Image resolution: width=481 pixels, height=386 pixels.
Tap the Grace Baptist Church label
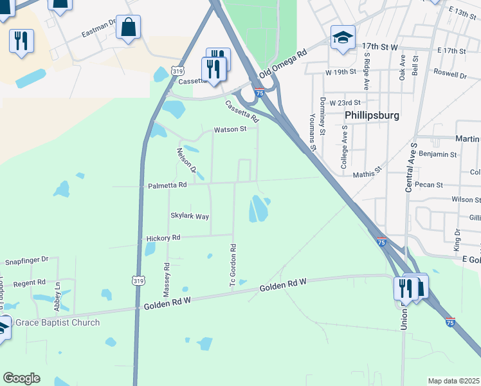(x=57, y=322)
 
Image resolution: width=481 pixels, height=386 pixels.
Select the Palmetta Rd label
(x=167, y=185)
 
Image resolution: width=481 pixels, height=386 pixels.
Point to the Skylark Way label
(x=190, y=216)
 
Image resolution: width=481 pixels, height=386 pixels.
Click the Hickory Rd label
(x=163, y=237)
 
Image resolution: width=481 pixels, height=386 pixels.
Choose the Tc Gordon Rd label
(x=233, y=264)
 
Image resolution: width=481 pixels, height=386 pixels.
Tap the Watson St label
(x=230, y=129)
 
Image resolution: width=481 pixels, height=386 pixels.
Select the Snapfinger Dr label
(x=27, y=260)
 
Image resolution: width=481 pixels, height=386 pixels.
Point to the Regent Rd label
(x=30, y=282)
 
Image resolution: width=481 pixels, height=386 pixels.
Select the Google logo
(x=21, y=378)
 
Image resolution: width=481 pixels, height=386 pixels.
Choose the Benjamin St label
(x=437, y=154)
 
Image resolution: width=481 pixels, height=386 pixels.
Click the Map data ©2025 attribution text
(x=453, y=381)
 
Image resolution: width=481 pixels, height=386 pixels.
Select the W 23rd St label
(x=345, y=102)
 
